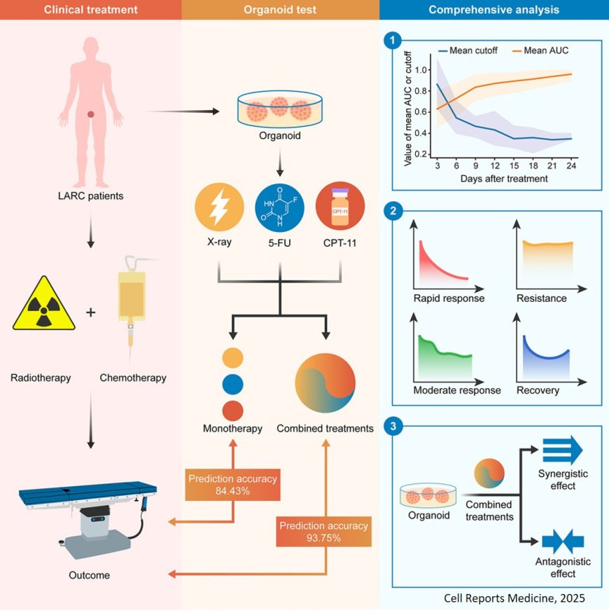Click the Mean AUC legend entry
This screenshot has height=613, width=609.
(540, 51)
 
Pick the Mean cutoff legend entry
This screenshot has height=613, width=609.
(465, 51)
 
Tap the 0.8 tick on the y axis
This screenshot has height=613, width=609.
(421, 91)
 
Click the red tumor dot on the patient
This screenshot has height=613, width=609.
(91, 114)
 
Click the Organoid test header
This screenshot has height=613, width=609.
(280, 10)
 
